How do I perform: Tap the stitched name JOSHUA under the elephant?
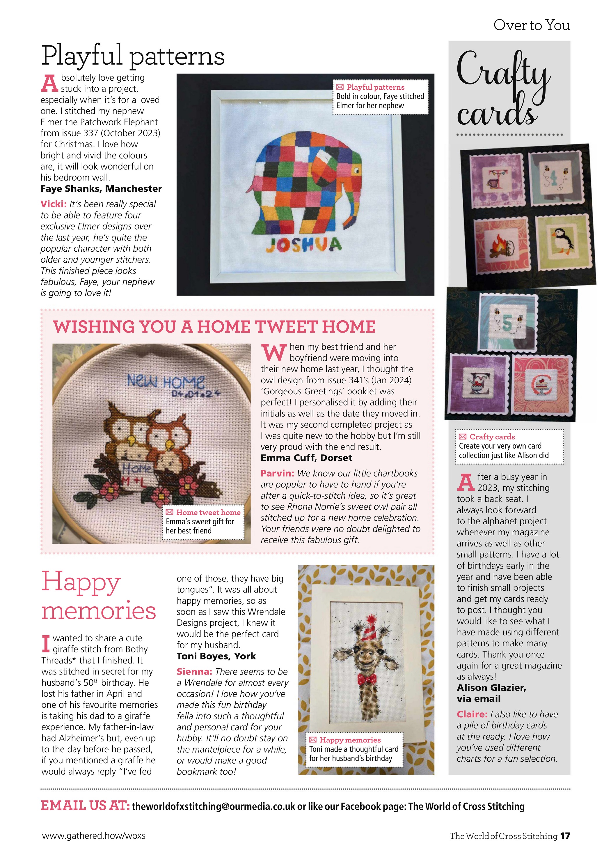tap(303, 245)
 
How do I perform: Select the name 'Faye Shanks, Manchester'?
tap(101, 189)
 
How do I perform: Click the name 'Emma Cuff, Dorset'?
tap(306, 458)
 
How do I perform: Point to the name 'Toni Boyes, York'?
tap(216, 656)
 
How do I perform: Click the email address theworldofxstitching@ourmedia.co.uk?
tap(213, 806)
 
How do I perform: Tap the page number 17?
tap(565, 836)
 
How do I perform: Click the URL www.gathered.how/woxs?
tap(93, 836)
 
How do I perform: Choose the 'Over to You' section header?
tap(531, 25)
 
